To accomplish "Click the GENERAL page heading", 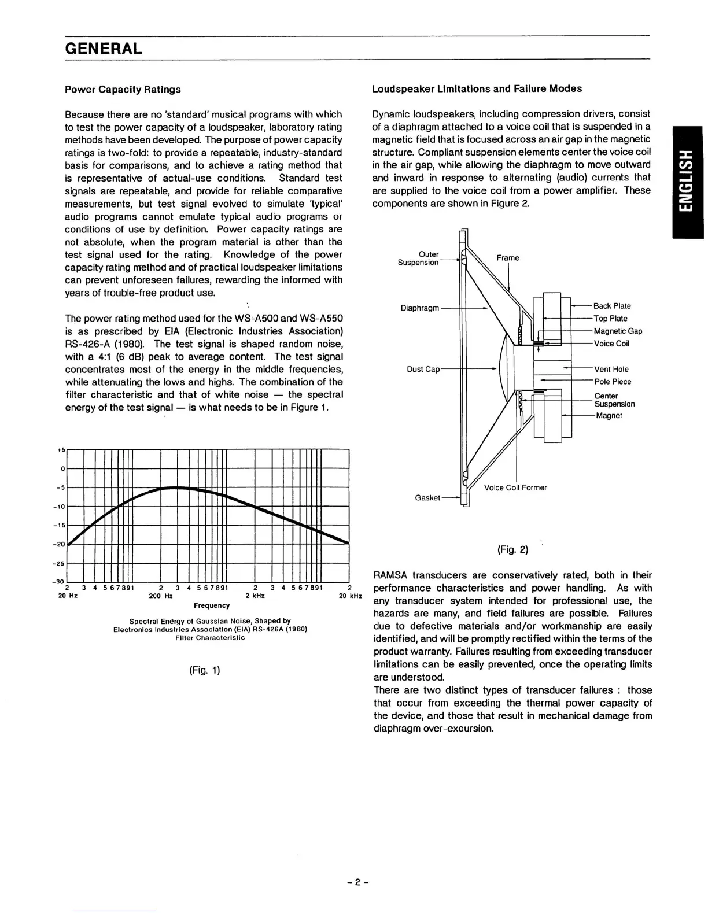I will pyautogui.click(x=103, y=48).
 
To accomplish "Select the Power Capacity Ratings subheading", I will pyautogui.click(x=123, y=89).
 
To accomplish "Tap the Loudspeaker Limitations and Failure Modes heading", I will pyautogui.click(x=477, y=88).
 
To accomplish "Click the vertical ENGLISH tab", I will pyautogui.click(x=687, y=182).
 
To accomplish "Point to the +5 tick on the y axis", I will pyautogui.click(x=62, y=449).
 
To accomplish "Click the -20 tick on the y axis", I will pyautogui.click(x=60, y=544).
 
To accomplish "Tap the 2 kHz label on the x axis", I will pyautogui.click(x=255, y=596).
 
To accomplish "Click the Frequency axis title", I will pyautogui.click(x=212, y=605).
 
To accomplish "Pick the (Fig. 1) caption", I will pyautogui.click(x=205, y=671).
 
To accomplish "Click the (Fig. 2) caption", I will pyautogui.click(x=512, y=549).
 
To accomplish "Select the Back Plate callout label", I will pyautogui.click(x=612, y=306).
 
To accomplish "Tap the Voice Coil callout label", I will pyautogui.click(x=611, y=343).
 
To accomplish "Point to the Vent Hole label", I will pyautogui.click(x=611, y=369).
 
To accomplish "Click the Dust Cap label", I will pyautogui.click(x=423, y=369).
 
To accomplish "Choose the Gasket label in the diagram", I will pyautogui.click(x=427, y=498).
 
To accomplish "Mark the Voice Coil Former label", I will pyautogui.click(x=515, y=487).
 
